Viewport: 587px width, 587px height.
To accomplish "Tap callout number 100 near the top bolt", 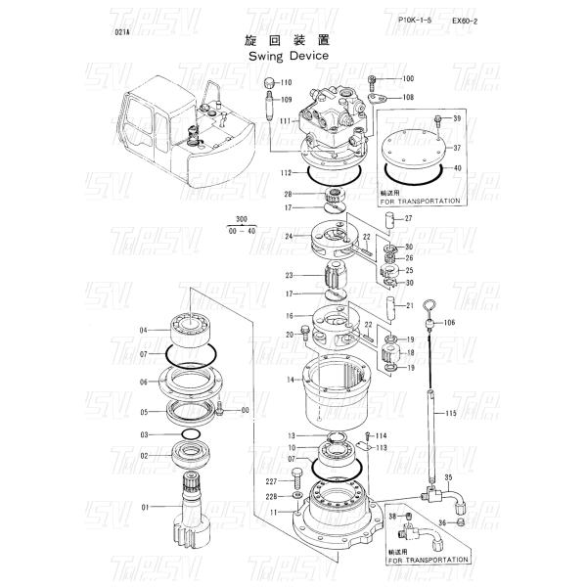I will pyautogui.click(x=408, y=78).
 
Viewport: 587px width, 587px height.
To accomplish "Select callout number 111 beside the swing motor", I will pyautogui.click(x=284, y=120).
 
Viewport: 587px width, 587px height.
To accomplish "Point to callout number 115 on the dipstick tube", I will pyautogui.click(x=451, y=415).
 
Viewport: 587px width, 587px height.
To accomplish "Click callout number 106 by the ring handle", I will pyautogui.click(x=450, y=322).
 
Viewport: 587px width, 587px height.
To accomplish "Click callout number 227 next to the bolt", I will pyautogui.click(x=271, y=482).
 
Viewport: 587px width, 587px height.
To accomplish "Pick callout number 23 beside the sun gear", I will pyautogui.click(x=290, y=275).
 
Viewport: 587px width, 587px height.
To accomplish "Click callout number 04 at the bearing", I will pyautogui.click(x=145, y=330).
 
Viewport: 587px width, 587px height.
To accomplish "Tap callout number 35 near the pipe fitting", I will pyautogui.click(x=449, y=477).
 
